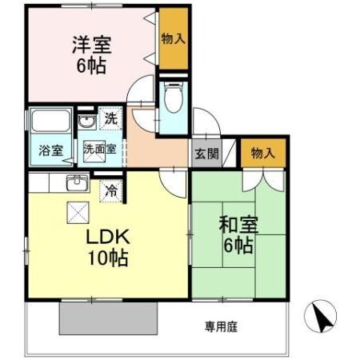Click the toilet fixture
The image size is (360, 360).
tap(172, 100)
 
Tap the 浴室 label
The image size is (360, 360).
tap(51, 150)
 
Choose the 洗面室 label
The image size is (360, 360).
tap(100, 149)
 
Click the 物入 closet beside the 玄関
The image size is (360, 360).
tap(262, 152)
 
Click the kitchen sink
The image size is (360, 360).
tap(77, 182)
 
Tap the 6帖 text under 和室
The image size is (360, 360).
tap(238, 246)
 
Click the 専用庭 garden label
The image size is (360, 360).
tap(220, 326)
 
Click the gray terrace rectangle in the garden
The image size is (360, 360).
tap(108, 318)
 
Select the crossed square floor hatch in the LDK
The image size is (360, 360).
tap(78, 212)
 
